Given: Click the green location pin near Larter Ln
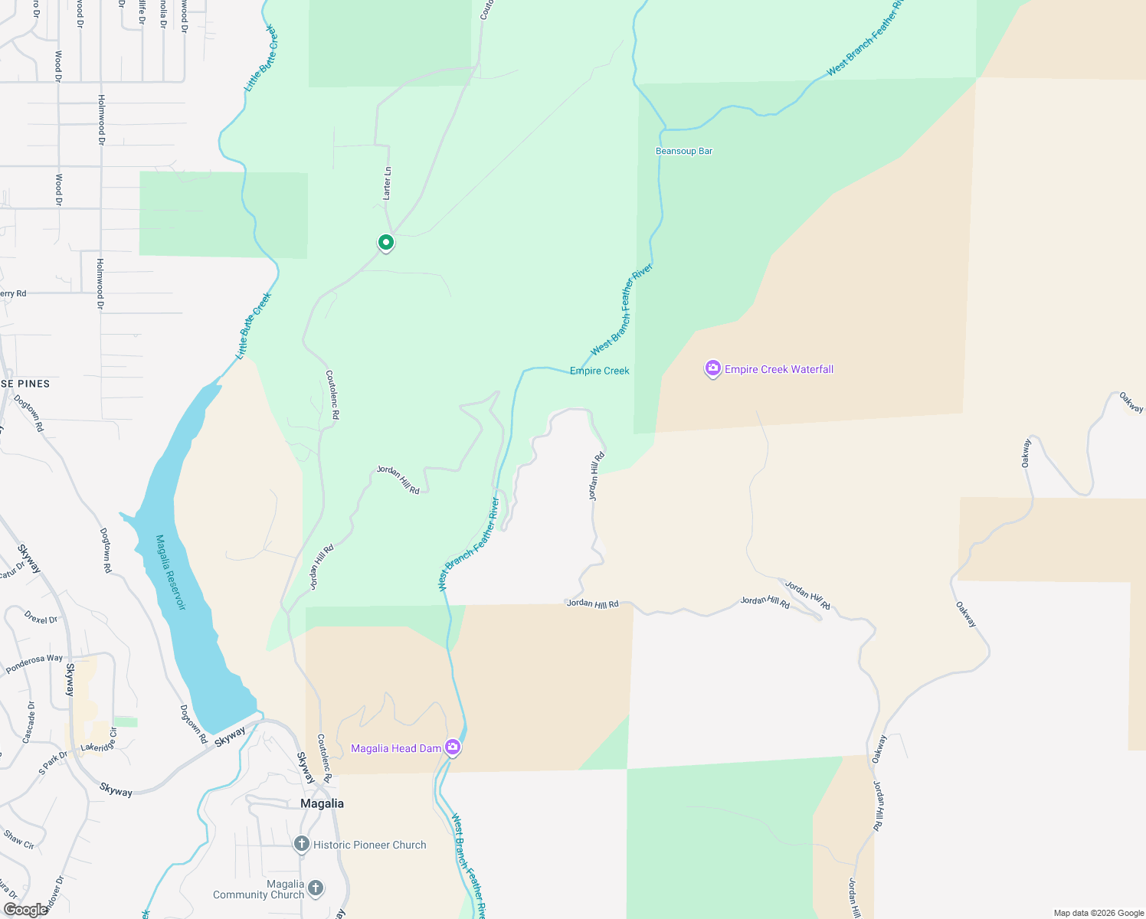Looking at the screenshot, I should [x=386, y=243].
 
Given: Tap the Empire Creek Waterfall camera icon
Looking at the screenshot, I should [x=713, y=369].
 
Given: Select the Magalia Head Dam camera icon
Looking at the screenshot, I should [x=453, y=747].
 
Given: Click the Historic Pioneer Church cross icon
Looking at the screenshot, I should [x=302, y=844].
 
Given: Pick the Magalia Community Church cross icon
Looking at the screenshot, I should [x=316, y=888].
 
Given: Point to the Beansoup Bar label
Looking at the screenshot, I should [x=684, y=151].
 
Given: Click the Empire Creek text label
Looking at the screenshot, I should [x=600, y=371].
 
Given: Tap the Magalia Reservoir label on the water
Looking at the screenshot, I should [x=171, y=572].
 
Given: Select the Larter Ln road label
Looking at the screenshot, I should [x=388, y=184].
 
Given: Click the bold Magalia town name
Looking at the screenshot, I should [x=322, y=803].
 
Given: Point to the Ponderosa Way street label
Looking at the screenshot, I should [x=34, y=664].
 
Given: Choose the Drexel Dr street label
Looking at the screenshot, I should [x=41, y=617].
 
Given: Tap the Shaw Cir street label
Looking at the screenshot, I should [x=19, y=839].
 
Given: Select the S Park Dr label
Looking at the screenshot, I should [x=53, y=762].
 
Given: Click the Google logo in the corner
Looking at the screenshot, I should [x=25, y=910].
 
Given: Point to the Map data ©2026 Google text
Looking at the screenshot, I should [x=1099, y=913].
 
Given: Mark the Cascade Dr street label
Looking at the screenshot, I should [x=29, y=722].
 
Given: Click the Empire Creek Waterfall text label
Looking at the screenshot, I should [x=779, y=369].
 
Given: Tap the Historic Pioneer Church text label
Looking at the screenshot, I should [x=370, y=845].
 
